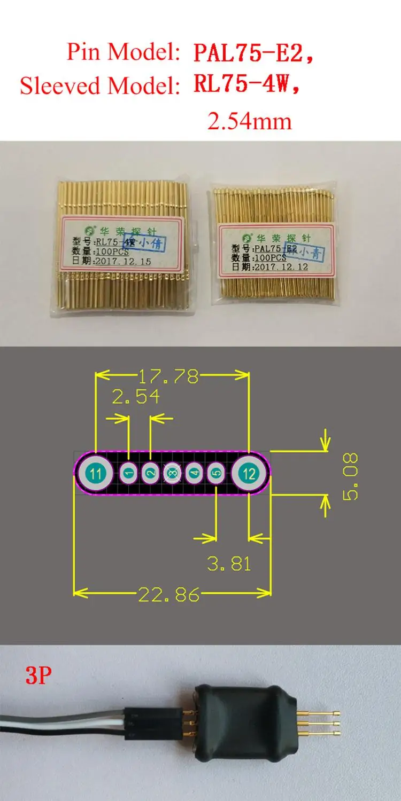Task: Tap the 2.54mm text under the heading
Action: point(249,121)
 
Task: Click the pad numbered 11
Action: point(96,473)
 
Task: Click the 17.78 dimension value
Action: point(168,377)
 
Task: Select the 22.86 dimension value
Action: point(169,594)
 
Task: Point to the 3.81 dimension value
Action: point(229,563)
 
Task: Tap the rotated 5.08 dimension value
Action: point(351,476)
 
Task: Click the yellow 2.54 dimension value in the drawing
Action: point(135,397)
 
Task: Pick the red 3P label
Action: point(38,676)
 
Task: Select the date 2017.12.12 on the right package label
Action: point(281,266)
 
